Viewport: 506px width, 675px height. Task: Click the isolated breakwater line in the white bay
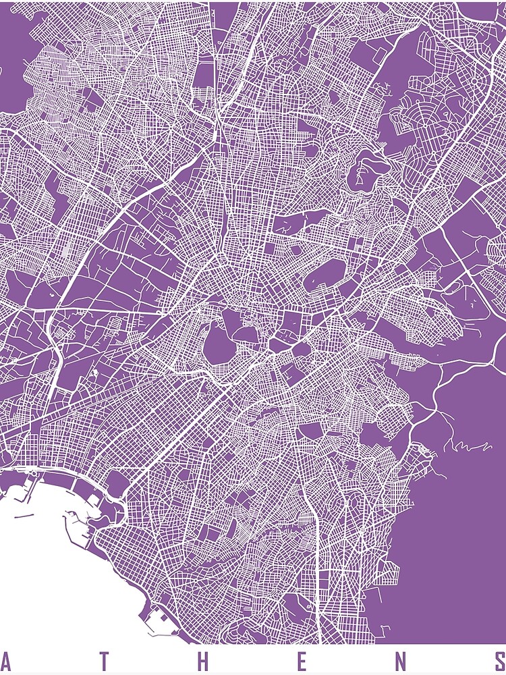[x=23, y=516]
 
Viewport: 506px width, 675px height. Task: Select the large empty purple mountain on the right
[x=459, y=513]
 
